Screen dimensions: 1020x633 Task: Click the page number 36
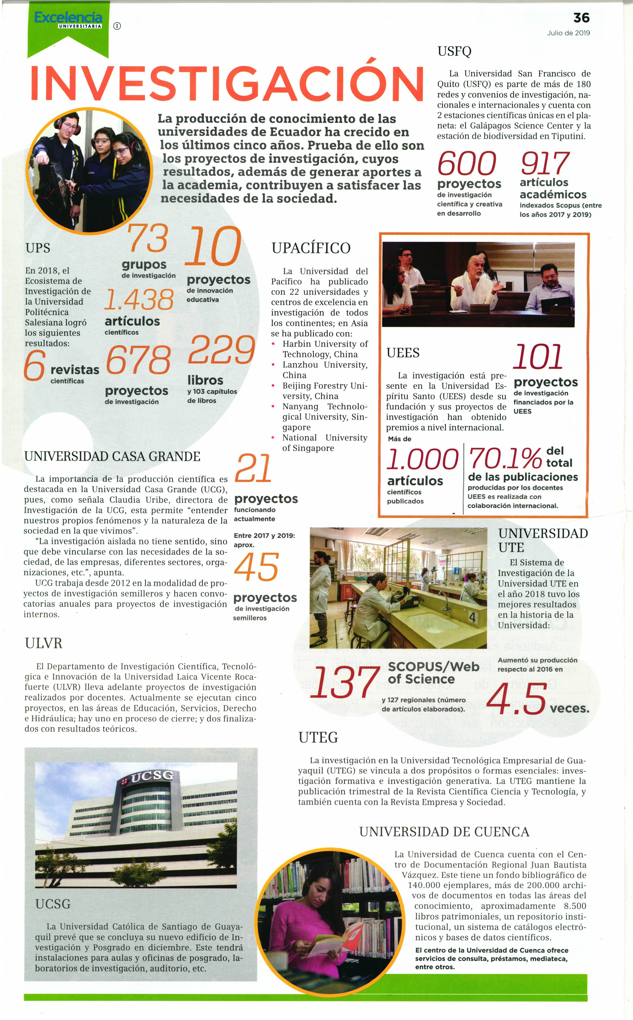point(581,18)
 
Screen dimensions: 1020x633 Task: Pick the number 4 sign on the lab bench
point(472,617)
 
